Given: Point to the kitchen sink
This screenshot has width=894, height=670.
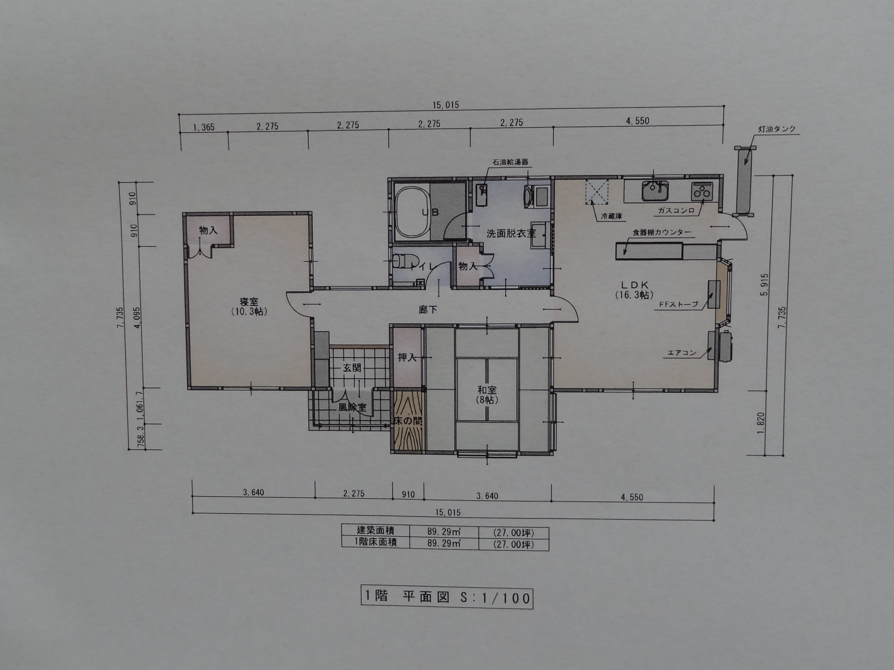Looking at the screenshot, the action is click(655, 191).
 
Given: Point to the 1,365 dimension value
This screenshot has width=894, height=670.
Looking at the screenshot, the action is click(204, 128).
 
